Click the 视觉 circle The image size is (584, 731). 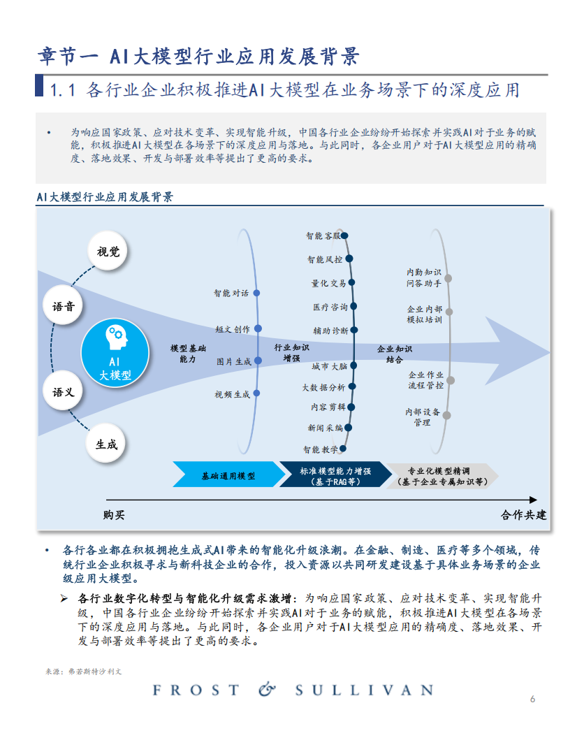pos(108,252)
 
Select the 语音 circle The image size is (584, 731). pos(64,305)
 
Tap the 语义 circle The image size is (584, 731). pos(64,392)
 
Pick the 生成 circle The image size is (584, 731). pos(107,444)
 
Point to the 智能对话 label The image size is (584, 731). pos(231,294)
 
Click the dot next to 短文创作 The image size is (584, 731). pos(258,328)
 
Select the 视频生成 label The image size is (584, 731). pos(232,394)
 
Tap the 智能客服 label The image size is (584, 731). pos(323,236)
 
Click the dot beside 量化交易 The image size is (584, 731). pos(351,283)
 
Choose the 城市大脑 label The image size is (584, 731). pos(329,365)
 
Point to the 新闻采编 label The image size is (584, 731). pos(326,427)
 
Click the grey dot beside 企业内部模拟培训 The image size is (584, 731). pos(448,312)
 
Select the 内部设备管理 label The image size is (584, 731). pos(422,417)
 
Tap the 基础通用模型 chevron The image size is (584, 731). pos(228,475)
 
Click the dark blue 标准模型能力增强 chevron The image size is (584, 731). pos(335,475)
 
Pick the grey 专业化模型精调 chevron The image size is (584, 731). pos(442,475)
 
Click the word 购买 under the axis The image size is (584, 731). pos(114,515)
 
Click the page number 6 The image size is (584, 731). pos(533,699)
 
